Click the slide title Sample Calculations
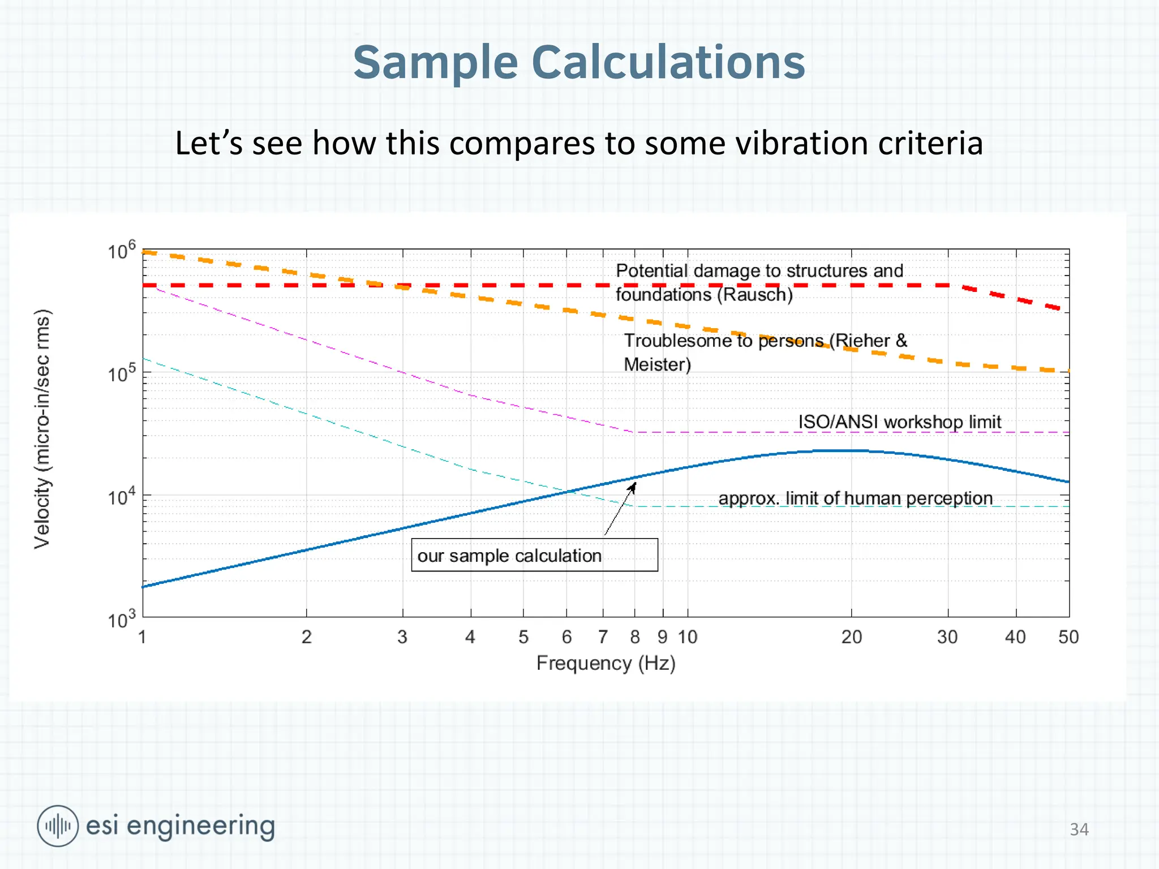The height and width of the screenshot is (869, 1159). [579, 62]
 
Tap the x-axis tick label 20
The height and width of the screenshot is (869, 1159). [851, 637]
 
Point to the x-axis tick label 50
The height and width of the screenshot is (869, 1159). [1068, 637]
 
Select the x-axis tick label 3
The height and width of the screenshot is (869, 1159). [402, 637]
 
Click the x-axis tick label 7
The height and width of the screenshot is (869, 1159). [603, 637]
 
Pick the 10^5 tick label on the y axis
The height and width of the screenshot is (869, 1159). [122, 373]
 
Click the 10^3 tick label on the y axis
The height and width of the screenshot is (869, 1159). [122, 620]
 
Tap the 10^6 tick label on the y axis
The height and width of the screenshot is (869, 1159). [122, 250]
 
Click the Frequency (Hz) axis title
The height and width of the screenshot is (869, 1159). [606, 663]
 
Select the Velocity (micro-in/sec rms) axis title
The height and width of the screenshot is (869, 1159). [42, 428]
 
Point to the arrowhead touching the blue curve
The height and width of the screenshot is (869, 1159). [633, 486]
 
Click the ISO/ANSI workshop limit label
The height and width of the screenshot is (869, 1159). [899, 421]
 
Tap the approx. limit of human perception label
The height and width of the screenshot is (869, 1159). [855, 498]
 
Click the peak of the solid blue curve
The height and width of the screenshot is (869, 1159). [840, 450]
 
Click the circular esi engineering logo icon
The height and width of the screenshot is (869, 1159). [58, 825]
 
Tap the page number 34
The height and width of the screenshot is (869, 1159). [1079, 829]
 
